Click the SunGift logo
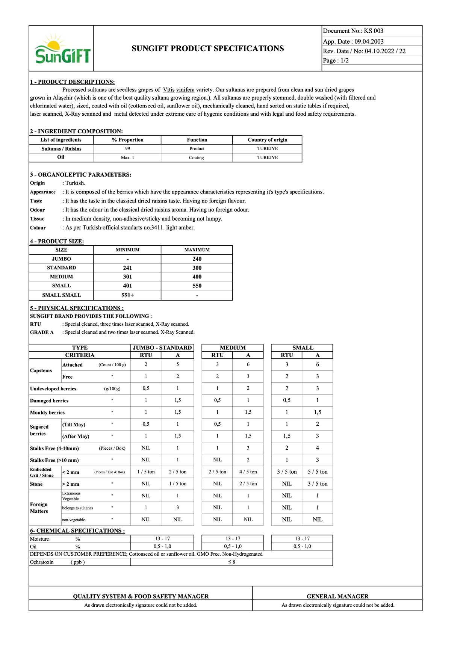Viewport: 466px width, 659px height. point(62,50)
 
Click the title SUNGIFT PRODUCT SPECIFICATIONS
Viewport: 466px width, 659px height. point(207,48)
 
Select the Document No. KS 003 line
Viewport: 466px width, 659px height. point(353,31)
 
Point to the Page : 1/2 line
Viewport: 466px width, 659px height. point(336,60)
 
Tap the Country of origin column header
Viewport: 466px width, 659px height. point(267,140)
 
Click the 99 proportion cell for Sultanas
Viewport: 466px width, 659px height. point(127,149)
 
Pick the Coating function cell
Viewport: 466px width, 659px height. point(196,158)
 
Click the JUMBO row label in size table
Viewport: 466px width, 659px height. point(61,259)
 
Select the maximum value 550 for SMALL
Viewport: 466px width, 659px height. point(197,286)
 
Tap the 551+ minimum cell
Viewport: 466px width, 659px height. point(127,295)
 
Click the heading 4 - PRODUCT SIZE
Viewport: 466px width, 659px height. point(57,241)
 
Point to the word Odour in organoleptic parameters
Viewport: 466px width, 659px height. point(37,210)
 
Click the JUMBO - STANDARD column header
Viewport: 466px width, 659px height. point(162,348)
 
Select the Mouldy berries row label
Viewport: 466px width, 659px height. point(47,413)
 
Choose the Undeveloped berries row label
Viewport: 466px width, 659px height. point(53,389)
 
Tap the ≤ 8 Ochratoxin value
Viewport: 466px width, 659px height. point(231,562)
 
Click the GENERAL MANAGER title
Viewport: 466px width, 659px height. point(337,596)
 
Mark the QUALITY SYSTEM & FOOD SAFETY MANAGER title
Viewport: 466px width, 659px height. point(141,596)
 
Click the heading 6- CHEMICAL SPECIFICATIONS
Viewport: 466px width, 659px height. point(77,531)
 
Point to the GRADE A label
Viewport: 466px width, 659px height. point(42,332)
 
